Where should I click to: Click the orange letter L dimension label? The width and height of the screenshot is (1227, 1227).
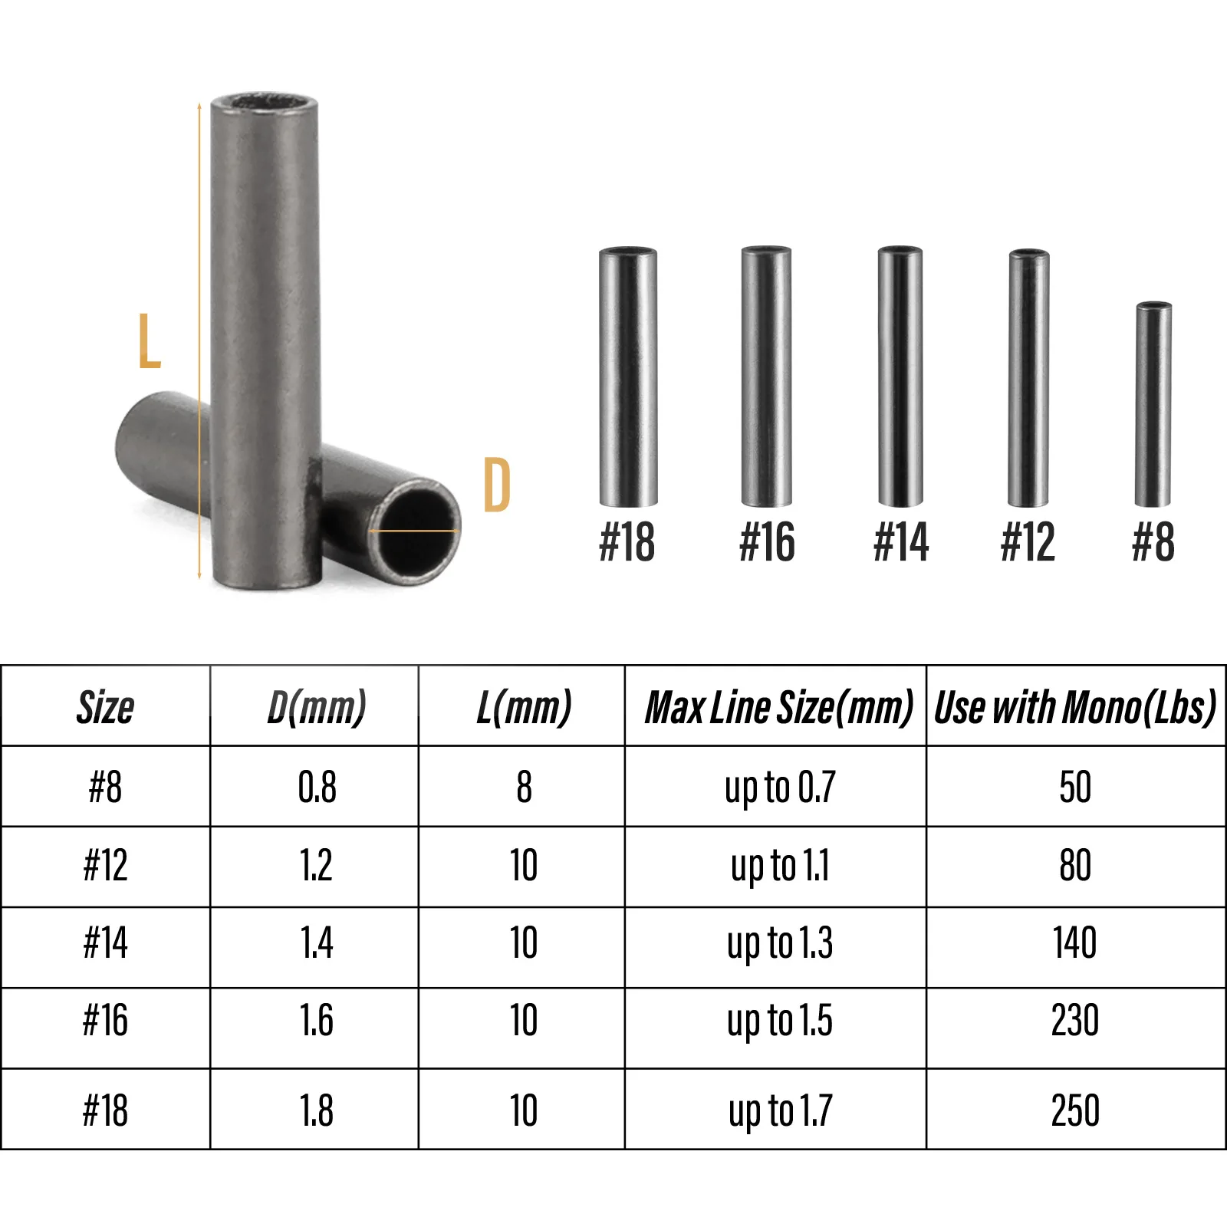pyautogui.click(x=149, y=340)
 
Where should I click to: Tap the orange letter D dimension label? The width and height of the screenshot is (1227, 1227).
pyautogui.click(x=497, y=485)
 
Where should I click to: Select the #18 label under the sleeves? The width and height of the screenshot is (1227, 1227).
pyautogui.click(x=627, y=542)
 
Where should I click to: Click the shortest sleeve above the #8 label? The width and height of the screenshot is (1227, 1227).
pyautogui.click(x=1153, y=404)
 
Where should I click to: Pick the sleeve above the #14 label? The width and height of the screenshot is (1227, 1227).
pyautogui.click(x=900, y=377)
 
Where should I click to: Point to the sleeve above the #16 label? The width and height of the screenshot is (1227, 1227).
pyautogui.click(x=766, y=377)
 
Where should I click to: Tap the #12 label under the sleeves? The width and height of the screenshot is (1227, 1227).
pyautogui.click(x=1028, y=542)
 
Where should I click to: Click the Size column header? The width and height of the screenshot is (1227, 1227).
pyautogui.click(x=105, y=707)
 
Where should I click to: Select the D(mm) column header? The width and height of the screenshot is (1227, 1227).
pyautogui.click(x=316, y=707)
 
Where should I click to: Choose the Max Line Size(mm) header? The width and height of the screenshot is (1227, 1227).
pyautogui.click(x=778, y=707)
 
